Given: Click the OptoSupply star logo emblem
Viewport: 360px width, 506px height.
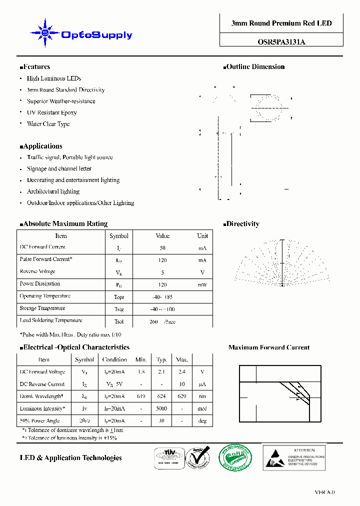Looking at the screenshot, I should pos(45,33).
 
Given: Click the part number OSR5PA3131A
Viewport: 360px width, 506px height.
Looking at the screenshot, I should pos(281,42).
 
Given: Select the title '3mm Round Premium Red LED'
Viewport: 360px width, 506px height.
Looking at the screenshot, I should pos(281,23).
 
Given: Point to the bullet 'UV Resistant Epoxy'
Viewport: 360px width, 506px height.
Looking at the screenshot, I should pos(51,112).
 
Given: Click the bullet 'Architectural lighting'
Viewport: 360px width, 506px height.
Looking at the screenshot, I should pos(53,191).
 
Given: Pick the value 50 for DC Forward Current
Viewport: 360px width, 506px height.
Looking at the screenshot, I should pos(162,248).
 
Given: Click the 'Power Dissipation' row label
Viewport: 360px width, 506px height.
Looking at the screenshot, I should pos(40,283).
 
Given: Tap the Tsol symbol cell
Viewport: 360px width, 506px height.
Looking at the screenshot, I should pos(119,321).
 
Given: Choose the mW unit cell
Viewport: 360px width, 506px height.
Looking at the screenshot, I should pos(202,284).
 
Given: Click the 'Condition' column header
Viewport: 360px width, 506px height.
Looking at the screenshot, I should pos(114,359).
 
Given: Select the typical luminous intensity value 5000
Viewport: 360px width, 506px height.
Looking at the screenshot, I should pos(161,409).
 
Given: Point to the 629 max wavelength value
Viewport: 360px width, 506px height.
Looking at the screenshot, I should pos(181,396).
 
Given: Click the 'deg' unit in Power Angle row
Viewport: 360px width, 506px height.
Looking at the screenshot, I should pos(202,421).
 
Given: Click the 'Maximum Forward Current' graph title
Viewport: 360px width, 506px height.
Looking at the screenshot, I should pos(268,347).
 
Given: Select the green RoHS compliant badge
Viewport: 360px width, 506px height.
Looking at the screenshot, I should pos(235,457).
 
